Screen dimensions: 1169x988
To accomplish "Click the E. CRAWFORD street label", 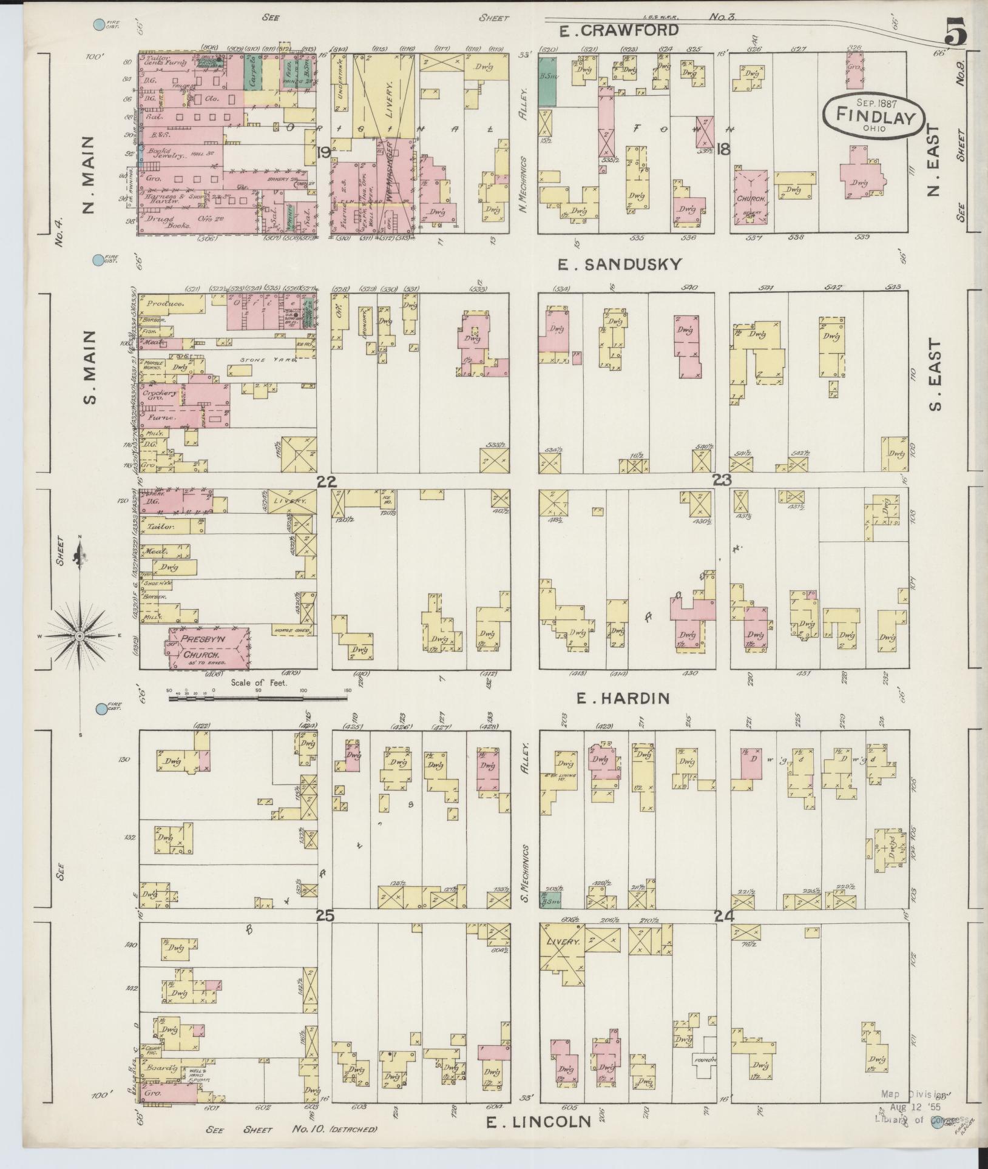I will click(x=618, y=30).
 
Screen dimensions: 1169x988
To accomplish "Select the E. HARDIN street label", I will click(x=622, y=699).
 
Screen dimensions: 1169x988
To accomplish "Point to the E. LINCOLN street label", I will click(x=538, y=1122).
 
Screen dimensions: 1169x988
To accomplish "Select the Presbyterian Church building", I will click(x=208, y=650).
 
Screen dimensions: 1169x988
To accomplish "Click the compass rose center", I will click(x=80, y=635).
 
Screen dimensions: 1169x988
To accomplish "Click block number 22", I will click(x=326, y=481).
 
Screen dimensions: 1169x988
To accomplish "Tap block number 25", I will click(x=325, y=916).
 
